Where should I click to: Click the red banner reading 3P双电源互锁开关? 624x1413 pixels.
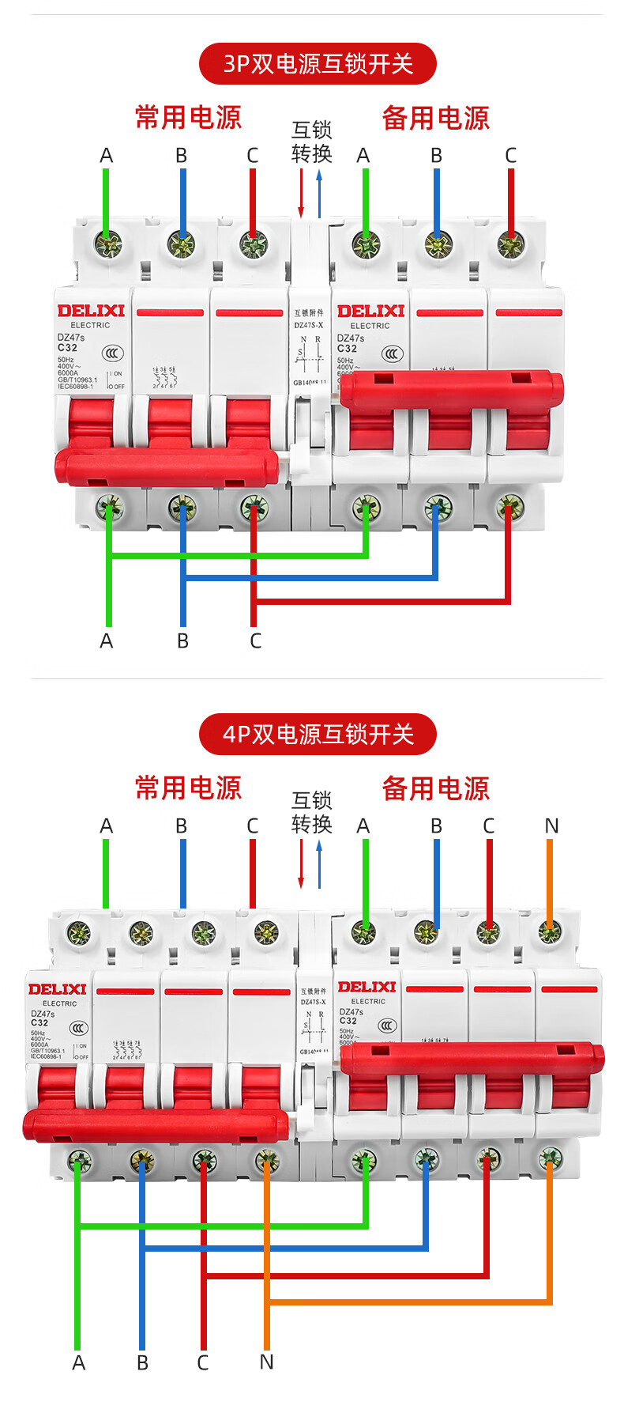click(x=318, y=64)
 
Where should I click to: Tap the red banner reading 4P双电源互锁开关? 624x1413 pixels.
click(x=318, y=734)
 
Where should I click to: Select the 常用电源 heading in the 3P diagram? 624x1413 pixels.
click(x=188, y=118)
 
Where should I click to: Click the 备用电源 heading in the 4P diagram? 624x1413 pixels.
click(x=435, y=788)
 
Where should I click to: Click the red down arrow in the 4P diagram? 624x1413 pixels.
click(x=301, y=863)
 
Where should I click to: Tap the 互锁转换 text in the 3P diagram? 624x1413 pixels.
click(x=311, y=142)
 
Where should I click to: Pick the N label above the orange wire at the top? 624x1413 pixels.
click(x=551, y=826)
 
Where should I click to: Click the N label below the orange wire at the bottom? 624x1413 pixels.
click(x=266, y=1362)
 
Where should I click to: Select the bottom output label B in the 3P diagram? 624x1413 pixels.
click(x=182, y=640)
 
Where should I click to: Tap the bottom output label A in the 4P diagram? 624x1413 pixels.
click(x=78, y=1362)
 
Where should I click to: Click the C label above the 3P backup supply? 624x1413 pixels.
click(x=510, y=156)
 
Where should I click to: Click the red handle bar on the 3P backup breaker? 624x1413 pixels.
click(x=452, y=388)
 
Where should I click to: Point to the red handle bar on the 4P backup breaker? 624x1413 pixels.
click(x=472, y=1058)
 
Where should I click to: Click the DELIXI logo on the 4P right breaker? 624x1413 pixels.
click(x=367, y=987)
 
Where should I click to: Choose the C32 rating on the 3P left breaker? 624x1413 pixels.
click(x=67, y=347)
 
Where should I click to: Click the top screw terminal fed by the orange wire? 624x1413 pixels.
click(x=550, y=934)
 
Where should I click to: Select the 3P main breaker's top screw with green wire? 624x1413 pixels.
click(x=108, y=244)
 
